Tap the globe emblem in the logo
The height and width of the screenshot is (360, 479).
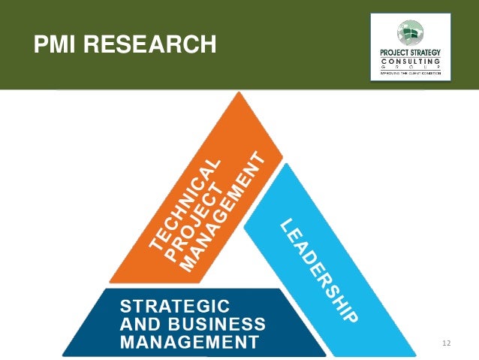410,32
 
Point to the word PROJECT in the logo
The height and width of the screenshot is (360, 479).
395,52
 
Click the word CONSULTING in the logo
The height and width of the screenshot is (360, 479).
410,60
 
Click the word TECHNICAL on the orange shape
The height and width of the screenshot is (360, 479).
184,203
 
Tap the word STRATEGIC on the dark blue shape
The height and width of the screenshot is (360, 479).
176,306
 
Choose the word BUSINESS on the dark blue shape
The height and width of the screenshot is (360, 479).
224,325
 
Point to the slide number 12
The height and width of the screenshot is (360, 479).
447,343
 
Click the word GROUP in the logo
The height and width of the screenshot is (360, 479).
410,68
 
